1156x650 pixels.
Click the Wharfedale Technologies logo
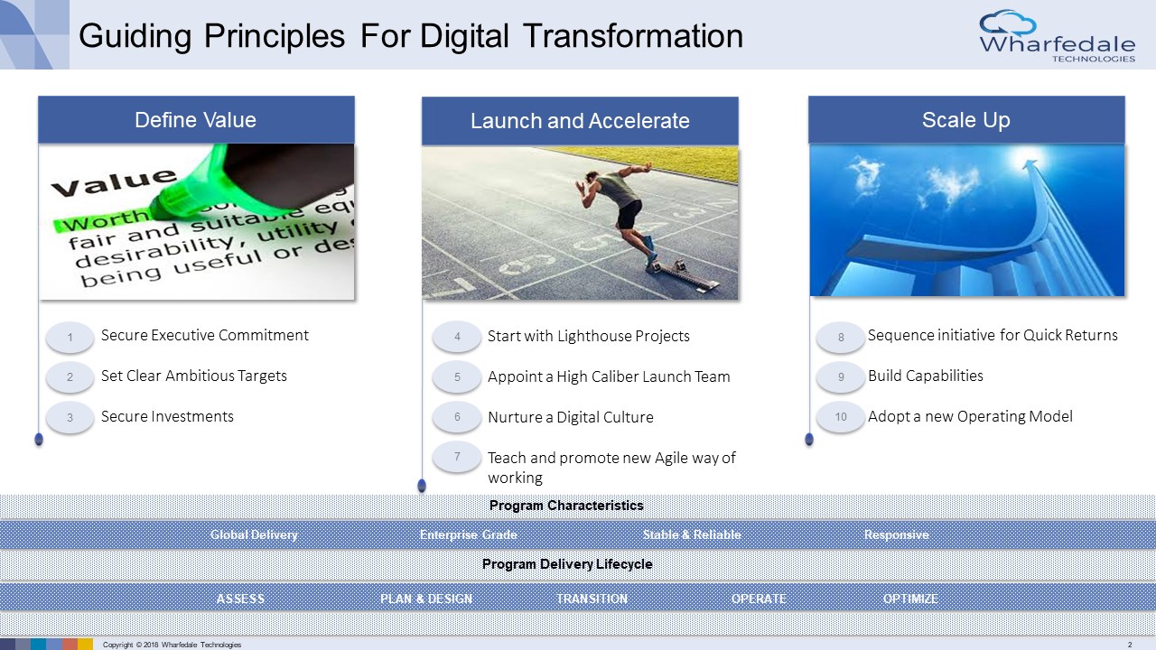click(1057, 36)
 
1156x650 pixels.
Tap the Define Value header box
click(196, 120)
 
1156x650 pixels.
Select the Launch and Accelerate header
click(580, 121)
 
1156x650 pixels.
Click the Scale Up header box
click(966, 120)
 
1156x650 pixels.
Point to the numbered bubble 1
click(70, 338)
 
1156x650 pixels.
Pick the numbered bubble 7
click(457, 457)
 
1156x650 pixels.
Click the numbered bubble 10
click(841, 417)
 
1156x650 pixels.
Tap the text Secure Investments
click(167, 416)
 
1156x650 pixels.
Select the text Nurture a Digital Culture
click(570, 417)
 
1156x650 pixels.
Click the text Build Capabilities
click(926, 376)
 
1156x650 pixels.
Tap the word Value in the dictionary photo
click(114, 182)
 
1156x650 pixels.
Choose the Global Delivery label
click(254, 534)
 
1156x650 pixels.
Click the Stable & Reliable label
click(692, 534)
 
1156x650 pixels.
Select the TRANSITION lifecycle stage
click(592, 599)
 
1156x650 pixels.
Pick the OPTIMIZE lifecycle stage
click(910, 599)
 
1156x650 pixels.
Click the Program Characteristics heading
click(566, 505)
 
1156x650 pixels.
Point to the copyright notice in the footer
click(172, 645)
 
